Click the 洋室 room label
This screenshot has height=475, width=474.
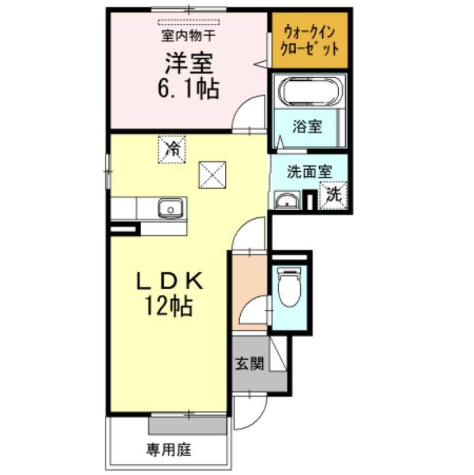(x=189, y=63)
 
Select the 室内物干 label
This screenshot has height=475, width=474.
(x=188, y=36)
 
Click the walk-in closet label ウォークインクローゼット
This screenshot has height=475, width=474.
(x=310, y=41)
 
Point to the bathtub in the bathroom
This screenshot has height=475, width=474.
(x=310, y=91)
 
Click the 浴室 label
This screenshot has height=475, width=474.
(x=307, y=126)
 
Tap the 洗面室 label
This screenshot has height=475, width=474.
(x=309, y=172)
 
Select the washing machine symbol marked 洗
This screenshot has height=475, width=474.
(x=333, y=195)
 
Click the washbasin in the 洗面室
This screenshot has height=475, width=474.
(x=287, y=200)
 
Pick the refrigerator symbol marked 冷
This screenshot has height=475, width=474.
(x=171, y=150)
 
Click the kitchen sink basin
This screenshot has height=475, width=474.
(x=170, y=208)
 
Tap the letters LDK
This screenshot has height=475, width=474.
(x=170, y=281)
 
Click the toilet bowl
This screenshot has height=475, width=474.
(x=290, y=286)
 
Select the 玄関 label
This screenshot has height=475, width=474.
(x=250, y=363)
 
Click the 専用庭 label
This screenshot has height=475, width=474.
(x=169, y=449)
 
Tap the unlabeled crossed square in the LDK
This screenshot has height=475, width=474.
(x=212, y=175)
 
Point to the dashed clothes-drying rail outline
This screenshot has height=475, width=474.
(x=189, y=21)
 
